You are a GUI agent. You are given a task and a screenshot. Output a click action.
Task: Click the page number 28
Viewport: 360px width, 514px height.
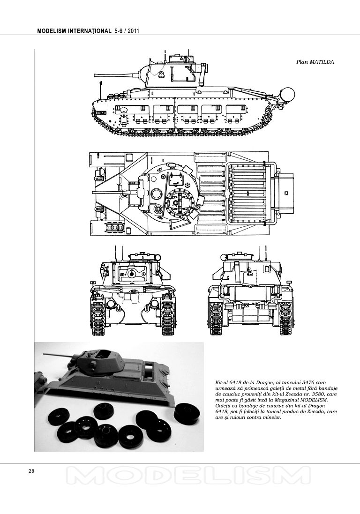[x=31, y=471]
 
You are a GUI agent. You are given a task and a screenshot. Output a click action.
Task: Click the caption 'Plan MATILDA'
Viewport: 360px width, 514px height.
[x=315, y=62]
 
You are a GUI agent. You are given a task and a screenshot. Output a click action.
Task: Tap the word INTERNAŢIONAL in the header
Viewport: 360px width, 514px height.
[x=90, y=31]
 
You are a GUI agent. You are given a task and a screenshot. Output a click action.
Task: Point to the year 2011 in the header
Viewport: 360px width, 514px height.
[x=134, y=31]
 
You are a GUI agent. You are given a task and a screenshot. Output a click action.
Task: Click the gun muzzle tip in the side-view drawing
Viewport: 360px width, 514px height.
[x=95, y=75]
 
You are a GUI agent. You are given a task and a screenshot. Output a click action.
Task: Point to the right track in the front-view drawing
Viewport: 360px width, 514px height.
[x=168, y=318]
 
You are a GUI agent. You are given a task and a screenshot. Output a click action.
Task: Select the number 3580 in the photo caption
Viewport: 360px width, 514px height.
[x=311, y=394]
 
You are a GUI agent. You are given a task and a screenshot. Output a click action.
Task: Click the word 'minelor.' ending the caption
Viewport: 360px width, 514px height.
[x=271, y=417]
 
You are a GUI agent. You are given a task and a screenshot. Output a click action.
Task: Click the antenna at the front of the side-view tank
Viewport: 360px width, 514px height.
[x=100, y=89]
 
